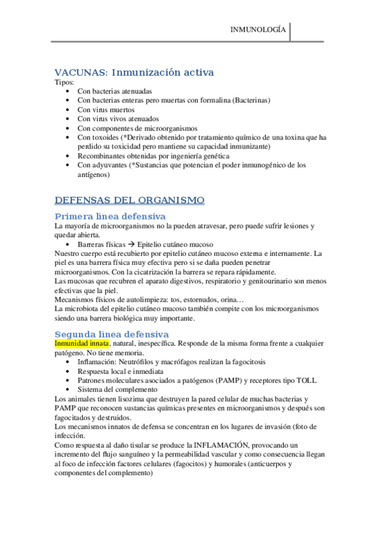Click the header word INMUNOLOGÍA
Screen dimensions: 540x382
point(258,31)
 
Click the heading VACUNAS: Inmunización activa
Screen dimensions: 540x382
point(134,72)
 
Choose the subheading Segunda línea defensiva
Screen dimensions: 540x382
point(112,334)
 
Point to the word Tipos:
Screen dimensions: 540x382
point(64,82)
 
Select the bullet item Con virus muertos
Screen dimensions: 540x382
point(106,110)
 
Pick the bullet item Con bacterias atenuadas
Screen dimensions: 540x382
point(115,91)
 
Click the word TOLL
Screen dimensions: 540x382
point(306,380)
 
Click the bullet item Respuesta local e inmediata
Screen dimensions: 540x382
point(120,371)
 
